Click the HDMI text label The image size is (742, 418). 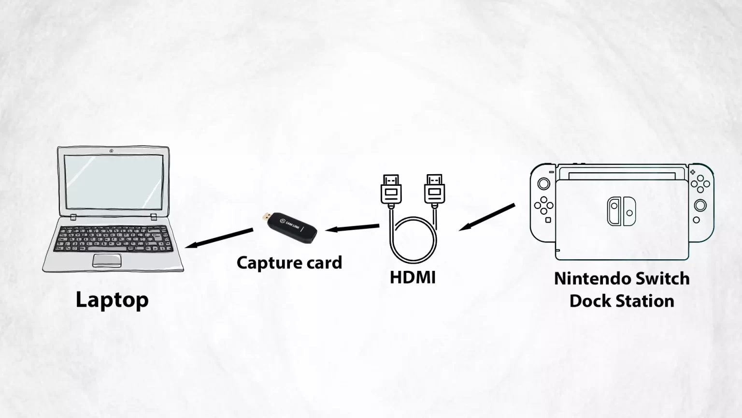pos(413,277)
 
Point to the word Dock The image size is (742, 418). pos(590,301)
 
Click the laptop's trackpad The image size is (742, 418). pos(107,260)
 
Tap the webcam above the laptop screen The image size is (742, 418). pos(111,151)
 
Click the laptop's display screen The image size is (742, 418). pos(114,182)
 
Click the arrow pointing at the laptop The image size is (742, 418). pos(219,238)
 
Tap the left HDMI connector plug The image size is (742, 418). pos(391,189)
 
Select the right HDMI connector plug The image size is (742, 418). pos(435,189)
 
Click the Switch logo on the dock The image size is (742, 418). pos(621,211)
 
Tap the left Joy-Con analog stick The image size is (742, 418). pos(543,183)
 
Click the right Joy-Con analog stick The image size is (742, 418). pos(700,205)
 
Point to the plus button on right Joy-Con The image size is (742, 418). pos(693,172)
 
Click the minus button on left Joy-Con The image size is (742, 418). pos(552,172)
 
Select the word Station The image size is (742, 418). pos(643,301)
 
